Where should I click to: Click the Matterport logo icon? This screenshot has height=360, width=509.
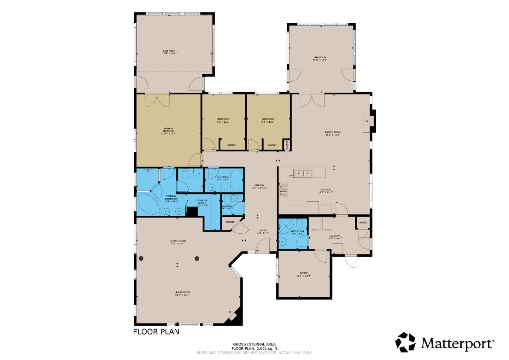click(405, 342)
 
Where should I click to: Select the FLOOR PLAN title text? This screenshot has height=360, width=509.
click(156, 332)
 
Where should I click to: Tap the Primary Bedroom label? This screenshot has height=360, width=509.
click(168, 130)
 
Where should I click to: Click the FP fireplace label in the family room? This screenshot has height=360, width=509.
click(367, 121)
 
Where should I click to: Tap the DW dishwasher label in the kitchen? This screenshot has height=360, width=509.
click(291, 175)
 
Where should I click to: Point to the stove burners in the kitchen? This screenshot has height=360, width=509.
click(283, 190)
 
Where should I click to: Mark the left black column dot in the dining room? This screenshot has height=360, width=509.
click(141, 259)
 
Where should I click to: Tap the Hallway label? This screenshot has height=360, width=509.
click(259, 186)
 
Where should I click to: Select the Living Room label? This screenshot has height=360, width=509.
click(182, 293)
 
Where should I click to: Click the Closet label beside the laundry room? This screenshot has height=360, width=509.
click(363, 222)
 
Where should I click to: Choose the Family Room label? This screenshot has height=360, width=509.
click(333, 133)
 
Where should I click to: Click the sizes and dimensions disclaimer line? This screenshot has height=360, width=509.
click(254, 353)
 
